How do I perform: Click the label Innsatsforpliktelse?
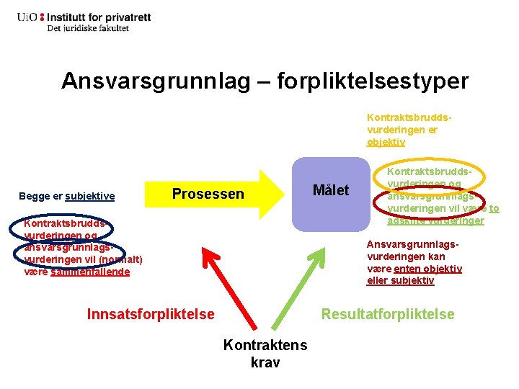click(151, 313)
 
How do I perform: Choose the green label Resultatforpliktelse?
click(388, 313)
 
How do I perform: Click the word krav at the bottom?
click(265, 362)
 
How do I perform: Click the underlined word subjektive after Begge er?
click(90, 196)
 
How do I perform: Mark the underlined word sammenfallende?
click(91, 272)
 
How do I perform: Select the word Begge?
click(35, 196)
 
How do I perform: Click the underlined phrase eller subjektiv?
click(400, 280)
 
